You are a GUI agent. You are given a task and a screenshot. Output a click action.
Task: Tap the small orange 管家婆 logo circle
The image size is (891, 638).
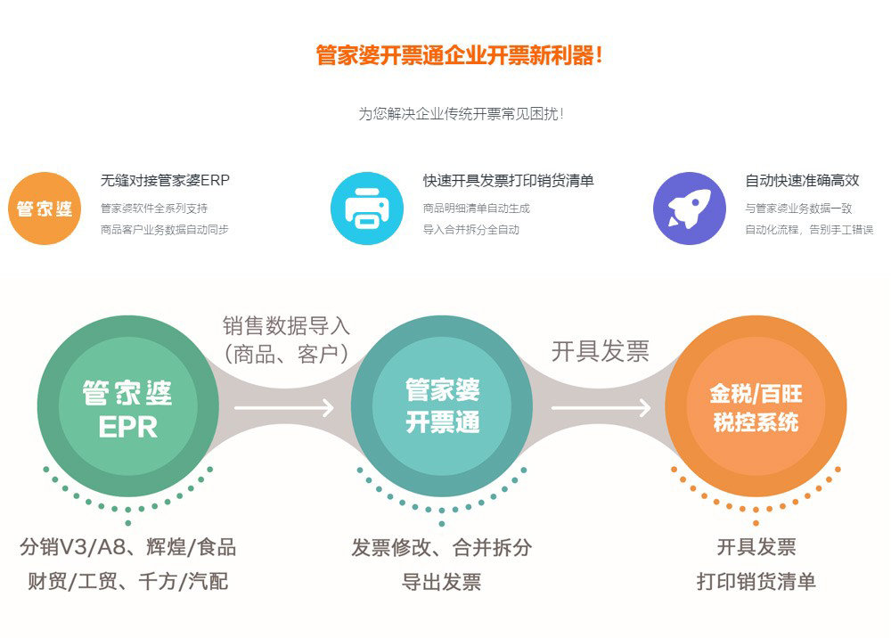[x=45, y=209]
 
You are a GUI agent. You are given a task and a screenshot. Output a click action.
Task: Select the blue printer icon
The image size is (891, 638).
[x=367, y=209]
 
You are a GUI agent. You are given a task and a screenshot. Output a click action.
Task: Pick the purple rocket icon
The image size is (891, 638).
[x=690, y=209]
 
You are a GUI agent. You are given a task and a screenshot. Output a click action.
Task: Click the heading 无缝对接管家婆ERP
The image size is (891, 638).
[x=165, y=180]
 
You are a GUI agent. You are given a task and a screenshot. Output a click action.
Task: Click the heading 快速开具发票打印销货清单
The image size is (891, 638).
[x=508, y=180]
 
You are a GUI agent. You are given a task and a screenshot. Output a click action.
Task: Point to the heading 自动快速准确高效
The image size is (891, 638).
[x=802, y=180]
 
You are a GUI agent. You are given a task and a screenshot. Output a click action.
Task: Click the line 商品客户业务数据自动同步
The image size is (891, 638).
[x=164, y=230]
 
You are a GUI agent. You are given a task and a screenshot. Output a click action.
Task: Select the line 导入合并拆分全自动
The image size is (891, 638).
[x=471, y=230]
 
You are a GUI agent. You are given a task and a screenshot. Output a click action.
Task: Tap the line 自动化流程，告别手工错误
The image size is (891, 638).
[x=809, y=230]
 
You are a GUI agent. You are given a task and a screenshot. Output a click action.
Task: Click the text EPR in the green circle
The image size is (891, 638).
[x=127, y=427]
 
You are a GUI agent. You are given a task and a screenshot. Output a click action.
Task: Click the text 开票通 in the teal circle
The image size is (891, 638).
[x=443, y=422]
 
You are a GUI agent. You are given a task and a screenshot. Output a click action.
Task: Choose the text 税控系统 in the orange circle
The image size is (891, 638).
[x=756, y=422]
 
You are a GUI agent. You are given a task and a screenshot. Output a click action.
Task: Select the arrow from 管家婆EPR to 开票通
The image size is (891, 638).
[x=284, y=407]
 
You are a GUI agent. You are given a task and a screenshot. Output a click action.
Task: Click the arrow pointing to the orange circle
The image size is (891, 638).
[x=601, y=407]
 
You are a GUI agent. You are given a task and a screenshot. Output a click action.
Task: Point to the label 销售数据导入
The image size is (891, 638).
[x=286, y=326]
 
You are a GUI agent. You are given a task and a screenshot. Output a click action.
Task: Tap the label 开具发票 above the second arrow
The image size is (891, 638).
[x=600, y=351]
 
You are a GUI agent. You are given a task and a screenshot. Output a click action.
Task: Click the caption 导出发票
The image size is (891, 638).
[x=442, y=582]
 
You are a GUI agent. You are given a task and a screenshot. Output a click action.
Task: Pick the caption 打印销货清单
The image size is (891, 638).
[x=756, y=581]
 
